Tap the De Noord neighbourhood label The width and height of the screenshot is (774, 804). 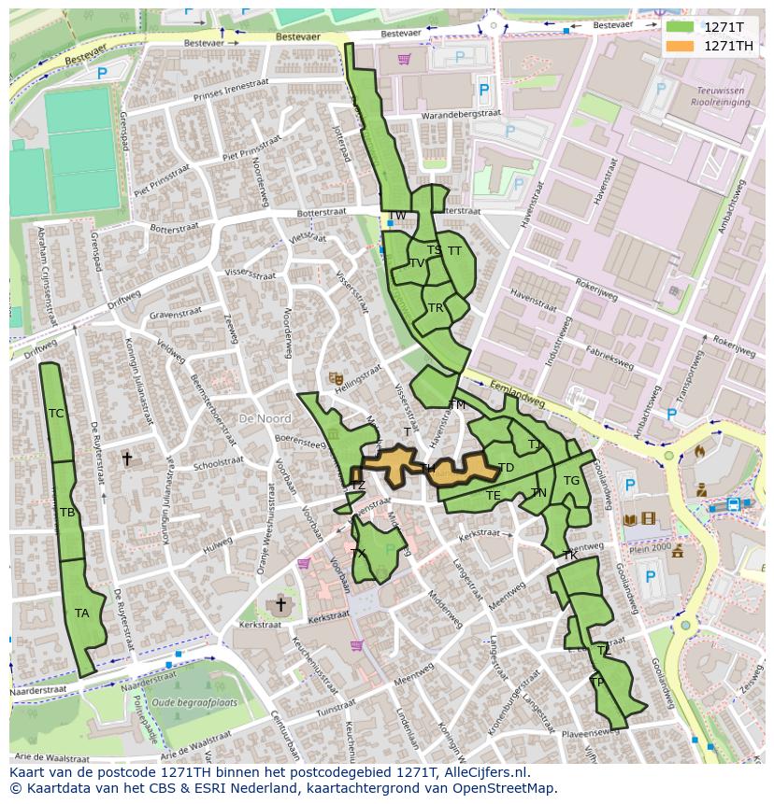point(265,419)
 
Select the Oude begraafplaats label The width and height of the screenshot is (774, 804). point(194,702)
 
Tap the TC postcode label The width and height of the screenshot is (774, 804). point(56,414)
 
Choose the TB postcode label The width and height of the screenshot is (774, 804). point(67,513)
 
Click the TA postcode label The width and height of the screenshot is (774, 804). point(82,614)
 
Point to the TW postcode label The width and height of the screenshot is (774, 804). point(397,216)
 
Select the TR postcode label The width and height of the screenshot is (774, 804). point(435,308)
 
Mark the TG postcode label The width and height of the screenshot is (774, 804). point(571,481)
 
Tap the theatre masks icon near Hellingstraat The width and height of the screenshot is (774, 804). point(335,378)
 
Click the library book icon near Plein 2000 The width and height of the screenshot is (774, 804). point(630,519)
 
